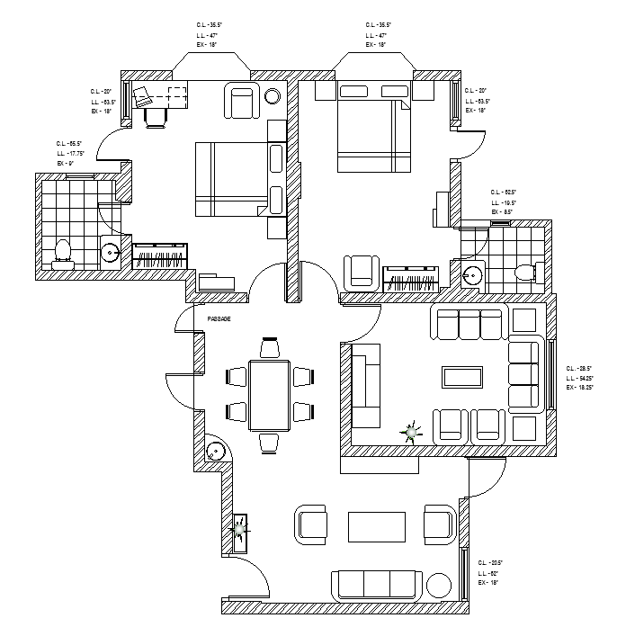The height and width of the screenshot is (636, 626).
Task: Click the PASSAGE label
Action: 219,319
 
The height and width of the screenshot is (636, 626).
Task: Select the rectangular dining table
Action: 270,396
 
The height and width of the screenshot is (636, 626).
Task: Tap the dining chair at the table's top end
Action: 270,347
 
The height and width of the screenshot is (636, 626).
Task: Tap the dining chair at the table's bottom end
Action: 270,442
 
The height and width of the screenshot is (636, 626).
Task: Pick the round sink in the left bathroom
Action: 110,253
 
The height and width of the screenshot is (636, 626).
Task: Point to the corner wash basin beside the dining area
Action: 214,452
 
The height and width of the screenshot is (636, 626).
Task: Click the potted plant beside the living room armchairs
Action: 412,433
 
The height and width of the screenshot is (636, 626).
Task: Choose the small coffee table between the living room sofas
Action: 461,375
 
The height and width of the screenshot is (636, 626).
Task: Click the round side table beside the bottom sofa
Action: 438,586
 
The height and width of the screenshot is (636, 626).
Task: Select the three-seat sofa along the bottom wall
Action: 376,586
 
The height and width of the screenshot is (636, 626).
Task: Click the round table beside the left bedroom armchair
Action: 273,96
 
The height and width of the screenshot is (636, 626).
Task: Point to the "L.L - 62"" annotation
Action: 488,572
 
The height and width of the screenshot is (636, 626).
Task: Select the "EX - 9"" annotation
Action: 65,164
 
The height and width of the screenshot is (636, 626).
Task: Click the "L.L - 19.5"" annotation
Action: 503,203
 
